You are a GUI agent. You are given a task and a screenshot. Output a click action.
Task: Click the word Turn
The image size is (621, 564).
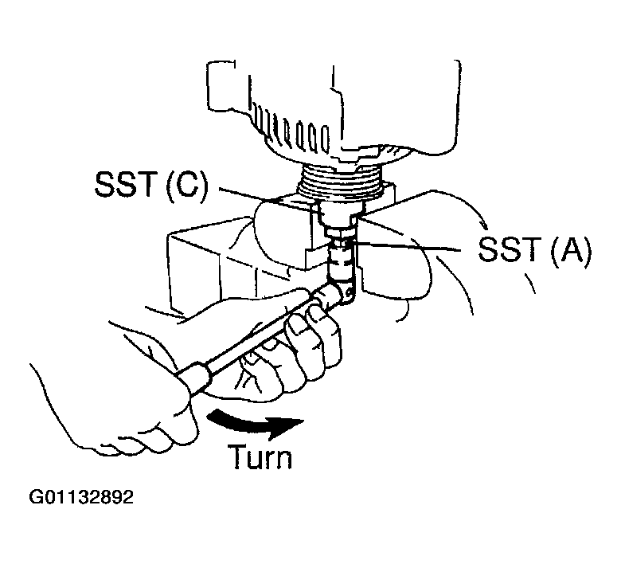pyautogui.click(x=260, y=458)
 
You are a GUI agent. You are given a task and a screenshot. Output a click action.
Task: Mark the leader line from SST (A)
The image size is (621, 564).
pyautogui.click(x=414, y=245)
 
